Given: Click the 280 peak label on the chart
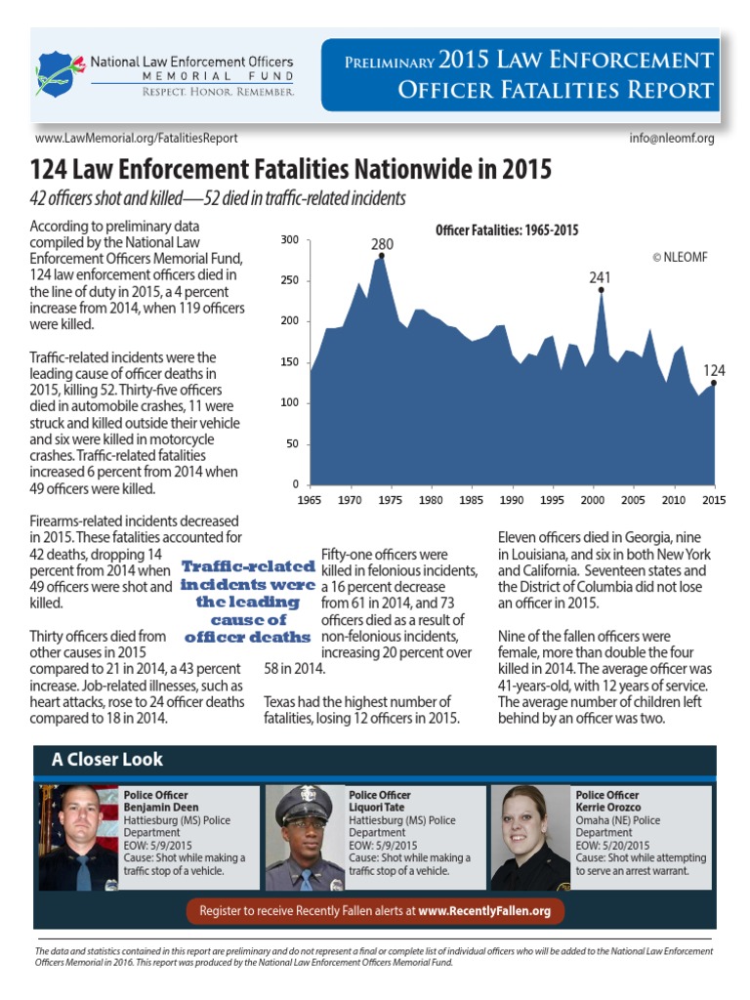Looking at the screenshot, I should tap(382, 242).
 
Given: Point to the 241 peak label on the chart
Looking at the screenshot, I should tap(600, 277).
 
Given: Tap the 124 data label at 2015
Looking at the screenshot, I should tap(715, 370).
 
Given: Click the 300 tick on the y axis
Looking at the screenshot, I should tap(290, 240).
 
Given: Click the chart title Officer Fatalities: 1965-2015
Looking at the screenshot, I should tap(507, 230).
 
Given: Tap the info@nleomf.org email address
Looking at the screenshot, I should tap(674, 139).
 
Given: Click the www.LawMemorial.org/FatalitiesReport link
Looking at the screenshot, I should tap(136, 139).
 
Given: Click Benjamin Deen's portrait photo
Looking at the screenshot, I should tap(78, 837).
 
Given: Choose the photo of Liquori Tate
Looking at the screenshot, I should tap(305, 837).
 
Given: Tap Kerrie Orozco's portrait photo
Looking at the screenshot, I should tap(530, 837).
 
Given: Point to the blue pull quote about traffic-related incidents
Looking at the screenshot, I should tap(248, 602).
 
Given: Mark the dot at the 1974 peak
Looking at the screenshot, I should tap(381, 256).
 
